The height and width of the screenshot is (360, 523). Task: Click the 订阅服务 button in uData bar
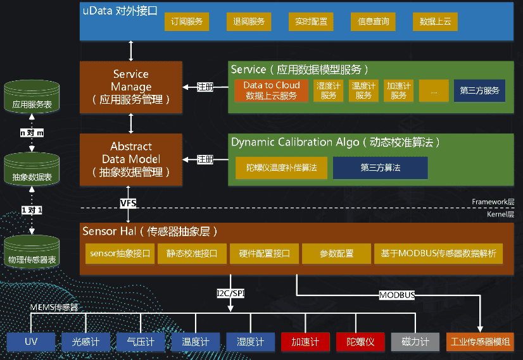187,22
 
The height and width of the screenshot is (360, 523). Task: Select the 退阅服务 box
249,22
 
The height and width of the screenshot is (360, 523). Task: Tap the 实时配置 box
311,22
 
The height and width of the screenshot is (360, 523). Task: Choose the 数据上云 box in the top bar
435,22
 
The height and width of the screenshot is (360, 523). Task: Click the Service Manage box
131,87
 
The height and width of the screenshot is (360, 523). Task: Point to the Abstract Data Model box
131,159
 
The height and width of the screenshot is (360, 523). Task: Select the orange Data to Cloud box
272,90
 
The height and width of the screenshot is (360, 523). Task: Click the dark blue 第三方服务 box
479,90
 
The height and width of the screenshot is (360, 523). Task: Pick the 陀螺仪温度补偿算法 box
282,168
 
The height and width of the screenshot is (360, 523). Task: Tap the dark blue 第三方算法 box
380,168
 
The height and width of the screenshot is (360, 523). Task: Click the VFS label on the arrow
128,203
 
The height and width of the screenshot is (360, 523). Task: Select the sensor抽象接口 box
120,253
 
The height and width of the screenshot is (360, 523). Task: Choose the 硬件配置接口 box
264,253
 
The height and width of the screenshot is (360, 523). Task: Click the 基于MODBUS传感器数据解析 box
438,253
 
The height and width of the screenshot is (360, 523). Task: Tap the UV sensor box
32,342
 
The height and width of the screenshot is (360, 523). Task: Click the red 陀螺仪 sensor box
360,342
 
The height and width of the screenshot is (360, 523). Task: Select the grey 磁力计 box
415,342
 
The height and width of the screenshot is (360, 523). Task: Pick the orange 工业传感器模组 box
479,342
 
